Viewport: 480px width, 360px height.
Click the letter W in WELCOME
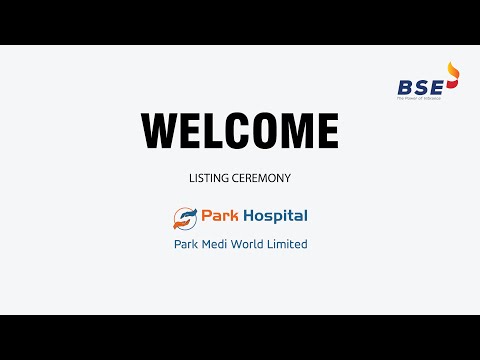(x=163, y=131)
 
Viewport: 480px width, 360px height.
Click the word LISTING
(x=211, y=178)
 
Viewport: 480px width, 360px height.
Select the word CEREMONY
(x=263, y=178)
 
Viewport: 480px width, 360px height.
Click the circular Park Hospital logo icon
(x=184, y=217)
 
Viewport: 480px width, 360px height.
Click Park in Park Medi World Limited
(x=187, y=244)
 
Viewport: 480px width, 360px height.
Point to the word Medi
(x=219, y=244)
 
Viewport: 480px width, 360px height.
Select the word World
(x=255, y=244)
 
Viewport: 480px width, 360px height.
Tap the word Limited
(x=291, y=244)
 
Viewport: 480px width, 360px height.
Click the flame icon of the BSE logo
(x=453, y=76)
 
